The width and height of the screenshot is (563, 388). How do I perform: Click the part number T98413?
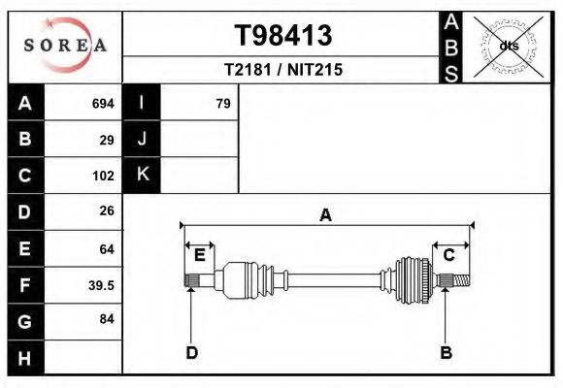click(x=282, y=36)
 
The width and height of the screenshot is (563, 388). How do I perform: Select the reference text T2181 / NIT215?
click(x=282, y=70)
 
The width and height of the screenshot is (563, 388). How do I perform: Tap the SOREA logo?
click(x=64, y=46)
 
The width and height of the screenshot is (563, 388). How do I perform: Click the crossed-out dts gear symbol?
click(x=508, y=46)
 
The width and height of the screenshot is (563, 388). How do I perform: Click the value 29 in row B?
click(x=107, y=139)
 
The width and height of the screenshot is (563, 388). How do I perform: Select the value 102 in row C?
click(x=103, y=176)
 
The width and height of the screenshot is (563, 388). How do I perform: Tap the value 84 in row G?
click(x=107, y=319)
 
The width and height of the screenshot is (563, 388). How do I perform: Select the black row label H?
click(x=25, y=358)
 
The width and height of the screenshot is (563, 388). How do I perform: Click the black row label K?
click(x=142, y=175)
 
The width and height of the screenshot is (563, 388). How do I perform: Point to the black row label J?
click(x=142, y=139)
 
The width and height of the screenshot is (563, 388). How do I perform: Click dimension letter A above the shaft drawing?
click(x=326, y=214)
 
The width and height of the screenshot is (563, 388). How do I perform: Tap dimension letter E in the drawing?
click(x=199, y=255)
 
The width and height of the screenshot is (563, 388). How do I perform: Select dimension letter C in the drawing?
click(x=449, y=255)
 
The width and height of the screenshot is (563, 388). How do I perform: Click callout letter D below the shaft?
click(x=191, y=353)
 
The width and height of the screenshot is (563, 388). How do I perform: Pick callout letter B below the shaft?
click(x=446, y=353)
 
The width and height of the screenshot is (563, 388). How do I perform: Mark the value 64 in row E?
click(x=107, y=248)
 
